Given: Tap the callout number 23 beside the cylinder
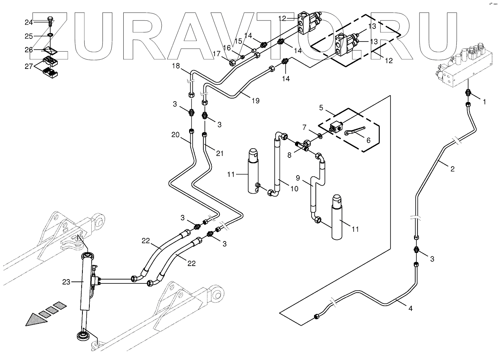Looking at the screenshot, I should tap(66, 282).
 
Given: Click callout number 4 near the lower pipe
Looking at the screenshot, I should tap(411, 308).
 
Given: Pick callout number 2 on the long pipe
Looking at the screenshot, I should tap(452, 169).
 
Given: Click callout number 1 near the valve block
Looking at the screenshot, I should tap(485, 102).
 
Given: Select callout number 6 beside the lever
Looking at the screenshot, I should tap(368, 141).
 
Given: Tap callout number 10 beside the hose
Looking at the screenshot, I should tap(293, 189).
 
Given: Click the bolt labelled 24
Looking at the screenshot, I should tap(50, 20).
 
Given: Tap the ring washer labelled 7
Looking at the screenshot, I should tap(320, 136).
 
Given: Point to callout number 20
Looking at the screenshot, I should tap(176, 135).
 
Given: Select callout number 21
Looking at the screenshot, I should tap(220, 154).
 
